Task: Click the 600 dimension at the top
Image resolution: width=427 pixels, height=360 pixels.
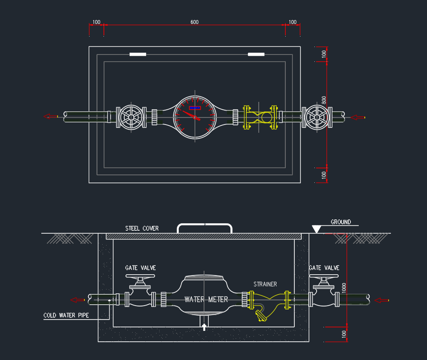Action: pyautogui.click(x=194, y=22)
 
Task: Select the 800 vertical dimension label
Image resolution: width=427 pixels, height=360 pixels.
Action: pyautogui.click(x=324, y=100)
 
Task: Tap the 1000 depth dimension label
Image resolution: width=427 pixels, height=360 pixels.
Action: pyautogui.click(x=344, y=287)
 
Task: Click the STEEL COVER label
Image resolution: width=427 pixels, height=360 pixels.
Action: pyautogui.click(x=142, y=228)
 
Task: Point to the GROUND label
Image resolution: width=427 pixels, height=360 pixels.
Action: pyautogui.click(x=340, y=222)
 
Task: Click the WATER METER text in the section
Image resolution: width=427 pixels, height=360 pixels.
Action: pyautogui.click(x=206, y=299)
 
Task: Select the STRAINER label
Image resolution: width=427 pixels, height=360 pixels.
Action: pyautogui.click(x=265, y=284)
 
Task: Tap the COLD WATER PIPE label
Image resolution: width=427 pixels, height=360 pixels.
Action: pyautogui.click(x=66, y=315)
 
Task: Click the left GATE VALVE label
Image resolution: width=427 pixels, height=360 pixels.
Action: pyautogui.click(x=140, y=268)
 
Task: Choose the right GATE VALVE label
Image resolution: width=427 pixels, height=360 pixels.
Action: pyautogui.click(x=324, y=268)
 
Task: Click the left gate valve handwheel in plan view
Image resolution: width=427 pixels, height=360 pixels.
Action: pyautogui.click(x=130, y=117)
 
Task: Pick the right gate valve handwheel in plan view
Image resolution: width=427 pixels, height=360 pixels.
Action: pyautogui.click(x=317, y=117)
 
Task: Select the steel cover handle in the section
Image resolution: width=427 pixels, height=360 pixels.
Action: pyautogui.click(x=204, y=227)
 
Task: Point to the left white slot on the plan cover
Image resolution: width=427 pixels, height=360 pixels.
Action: pyautogui.click(x=138, y=54)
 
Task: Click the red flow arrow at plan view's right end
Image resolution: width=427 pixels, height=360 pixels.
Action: pyautogui.click(x=357, y=117)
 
